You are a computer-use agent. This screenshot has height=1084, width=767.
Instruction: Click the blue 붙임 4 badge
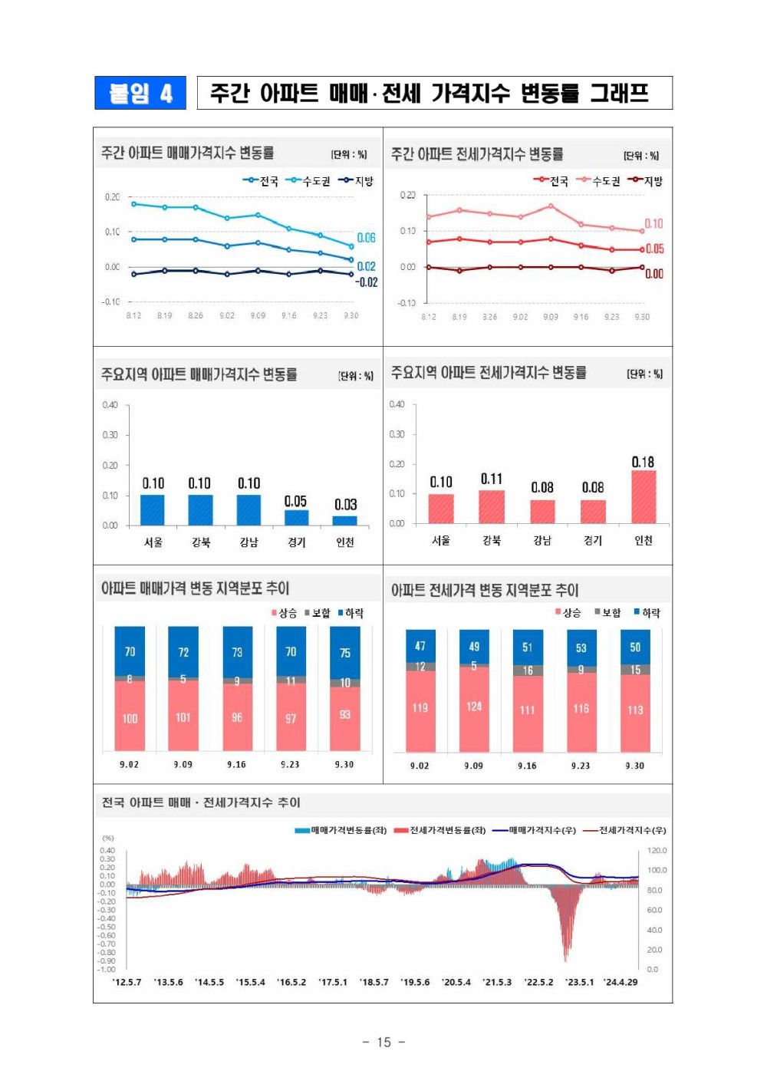pyautogui.click(x=140, y=93)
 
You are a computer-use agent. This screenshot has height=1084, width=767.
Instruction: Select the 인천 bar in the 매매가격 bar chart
pyautogui.click(x=344, y=520)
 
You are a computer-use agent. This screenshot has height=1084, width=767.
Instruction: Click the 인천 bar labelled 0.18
pyautogui.click(x=644, y=496)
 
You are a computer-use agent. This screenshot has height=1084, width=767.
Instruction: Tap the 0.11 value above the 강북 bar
pyautogui.click(x=492, y=479)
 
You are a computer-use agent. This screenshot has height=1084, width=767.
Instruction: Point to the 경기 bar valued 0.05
pyautogui.click(x=296, y=517)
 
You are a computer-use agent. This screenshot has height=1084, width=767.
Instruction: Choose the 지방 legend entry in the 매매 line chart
pyautogui.click(x=357, y=181)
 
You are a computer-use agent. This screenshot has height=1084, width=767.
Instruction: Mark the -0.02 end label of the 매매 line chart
pyautogui.click(x=367, y=282)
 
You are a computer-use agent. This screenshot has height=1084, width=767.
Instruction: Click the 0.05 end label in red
pyautogui.click(x=654, y=249)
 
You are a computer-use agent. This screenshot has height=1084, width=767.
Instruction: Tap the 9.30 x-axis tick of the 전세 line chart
pyautogui.click(x=642, y=317)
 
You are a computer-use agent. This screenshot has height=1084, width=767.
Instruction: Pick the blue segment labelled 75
pyautogui.click(x=344, y=652)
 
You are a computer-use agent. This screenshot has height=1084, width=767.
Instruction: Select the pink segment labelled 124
pyautogui.click(x=474, y=707)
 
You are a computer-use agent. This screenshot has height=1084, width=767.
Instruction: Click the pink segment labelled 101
pyautogui.click(x=183, y=717)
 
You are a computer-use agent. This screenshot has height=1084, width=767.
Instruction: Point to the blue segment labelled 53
pyautogui.click(x=581, y=647)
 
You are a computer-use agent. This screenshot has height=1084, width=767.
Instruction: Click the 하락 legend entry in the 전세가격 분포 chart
pyautogui.click(x=647, y=612)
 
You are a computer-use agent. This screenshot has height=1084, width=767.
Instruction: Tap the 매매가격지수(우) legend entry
pyautogui.click(x=534, y=830)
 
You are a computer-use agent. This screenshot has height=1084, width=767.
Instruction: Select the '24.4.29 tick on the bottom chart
pyautogui.click(x=620, y=982)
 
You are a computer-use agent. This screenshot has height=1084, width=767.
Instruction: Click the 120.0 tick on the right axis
pyautogui.click(x=657, y=850)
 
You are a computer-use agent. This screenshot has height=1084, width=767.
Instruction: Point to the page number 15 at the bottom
pyautogui.click(x=383, y=1042)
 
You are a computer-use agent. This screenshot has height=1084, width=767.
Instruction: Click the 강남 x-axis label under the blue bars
pyautogui.click(x=249, y=542)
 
